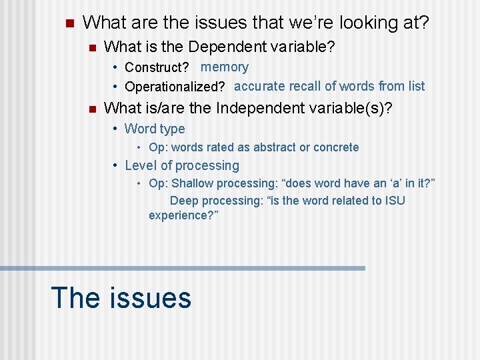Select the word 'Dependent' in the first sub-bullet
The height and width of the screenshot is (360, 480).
pyautogui.click(x=220, y=47)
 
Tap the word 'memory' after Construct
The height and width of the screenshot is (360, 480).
pyautogui.click(x=225, y=67)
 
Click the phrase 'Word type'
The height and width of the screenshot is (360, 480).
pyautogui.click(x=155, y=129)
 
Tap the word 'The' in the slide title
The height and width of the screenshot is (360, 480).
pyautogui.click(x=75, y=297)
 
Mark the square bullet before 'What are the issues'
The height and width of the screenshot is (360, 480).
pyautogui.click(x=68, y=24)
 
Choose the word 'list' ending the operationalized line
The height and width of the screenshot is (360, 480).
pyautogui.click(x=417, y=86)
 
